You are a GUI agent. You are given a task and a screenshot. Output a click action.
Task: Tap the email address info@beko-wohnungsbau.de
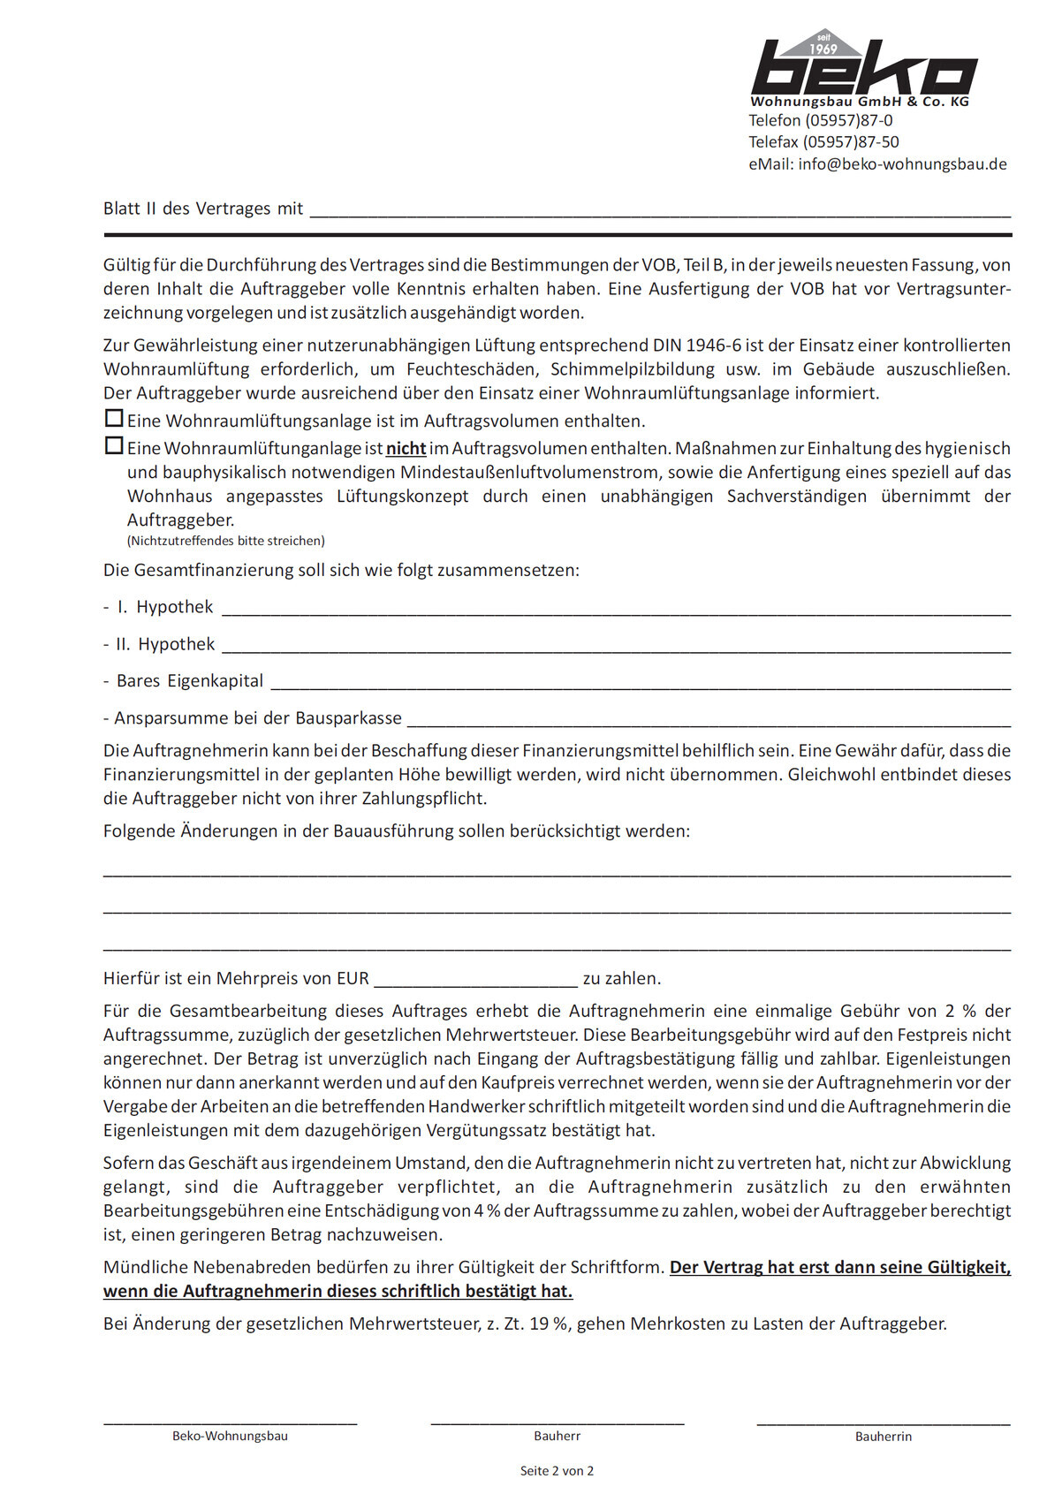point(902,164)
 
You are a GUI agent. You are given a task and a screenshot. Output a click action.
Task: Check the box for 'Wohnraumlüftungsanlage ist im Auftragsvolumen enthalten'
point(114,418)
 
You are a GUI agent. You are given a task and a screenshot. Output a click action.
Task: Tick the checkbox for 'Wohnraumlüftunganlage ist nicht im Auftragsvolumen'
point(114,445)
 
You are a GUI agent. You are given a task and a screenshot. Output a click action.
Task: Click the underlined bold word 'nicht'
point(406,449)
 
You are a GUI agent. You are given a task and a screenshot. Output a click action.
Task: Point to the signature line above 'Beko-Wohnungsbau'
point(231,1422)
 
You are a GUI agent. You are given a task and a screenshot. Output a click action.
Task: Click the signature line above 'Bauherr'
point(558,1422)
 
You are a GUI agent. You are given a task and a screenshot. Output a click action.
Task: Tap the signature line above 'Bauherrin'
point(884,1422)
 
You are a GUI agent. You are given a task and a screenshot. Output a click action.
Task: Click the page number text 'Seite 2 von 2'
point(557,1471)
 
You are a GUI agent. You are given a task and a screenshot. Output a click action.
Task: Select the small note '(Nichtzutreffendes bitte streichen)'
point(226,541)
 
